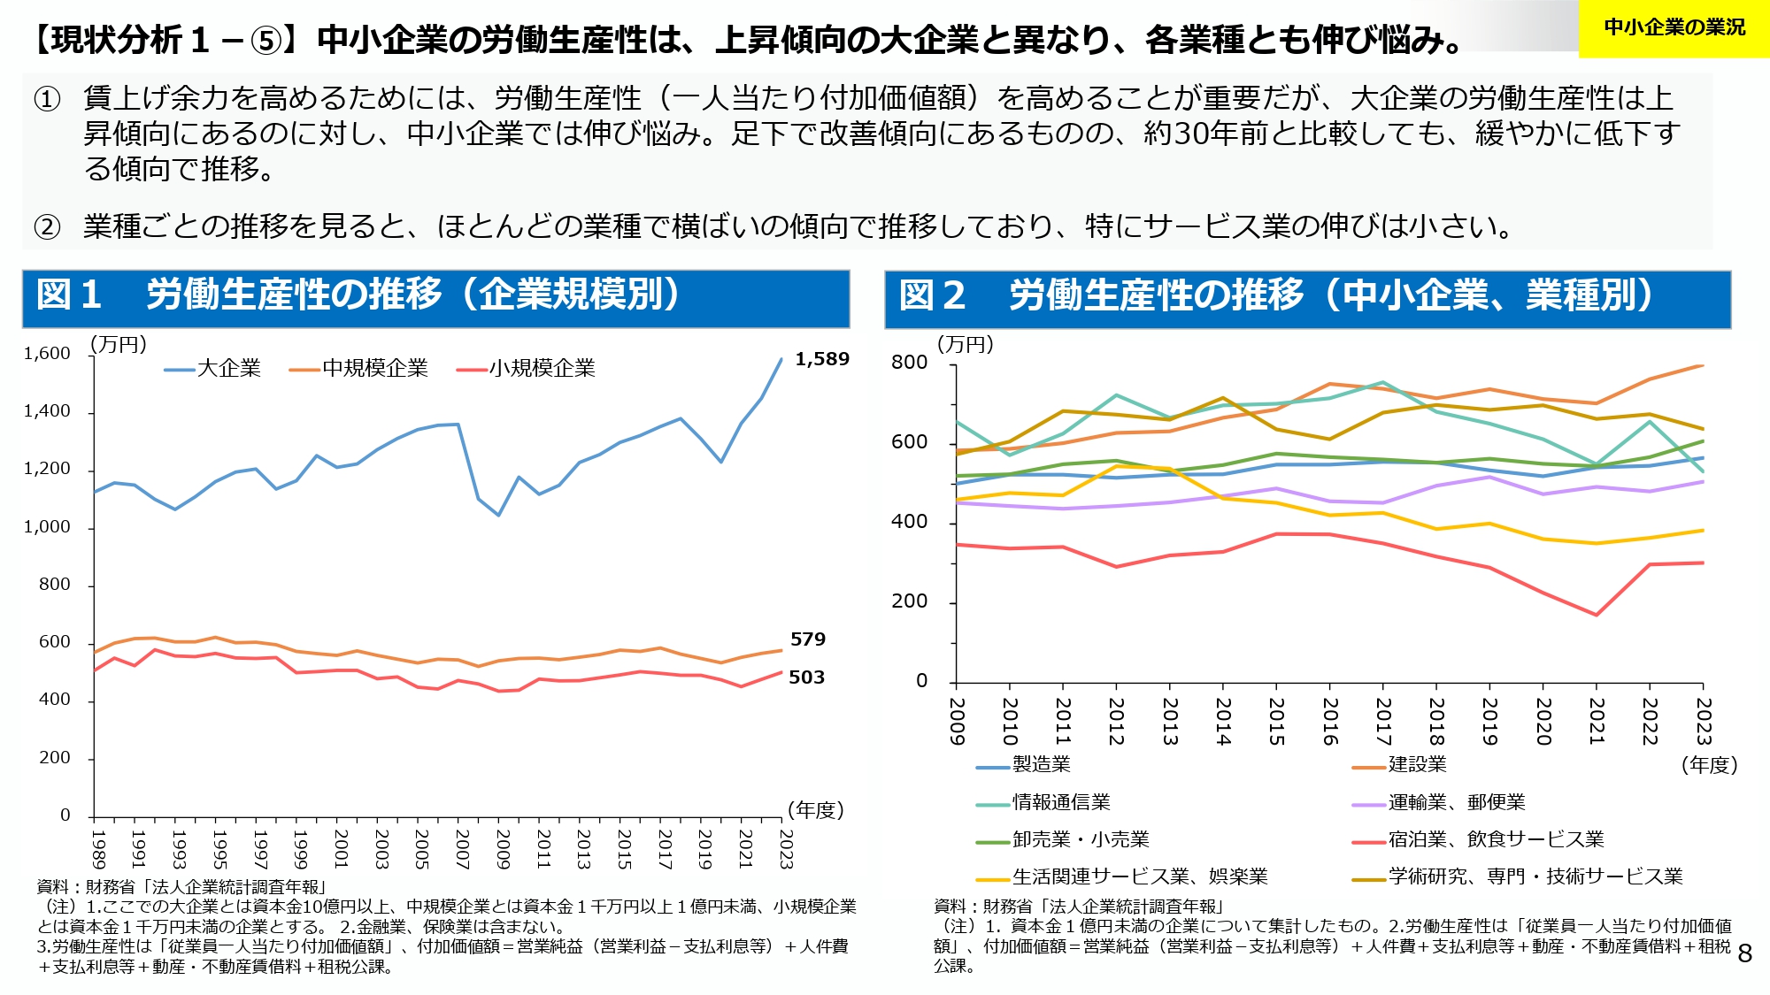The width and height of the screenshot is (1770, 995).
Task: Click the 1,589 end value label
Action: (821, 359)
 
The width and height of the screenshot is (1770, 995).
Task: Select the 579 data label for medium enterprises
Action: (807, 639)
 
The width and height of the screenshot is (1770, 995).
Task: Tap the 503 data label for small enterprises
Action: (806, 677)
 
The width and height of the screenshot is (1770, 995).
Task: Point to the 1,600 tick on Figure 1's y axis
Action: (47, 354)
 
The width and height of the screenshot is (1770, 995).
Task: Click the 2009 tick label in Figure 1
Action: (502, 849)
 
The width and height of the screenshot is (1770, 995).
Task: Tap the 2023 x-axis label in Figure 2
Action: (1704, 722)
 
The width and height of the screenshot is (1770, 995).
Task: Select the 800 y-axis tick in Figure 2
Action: (909, 363)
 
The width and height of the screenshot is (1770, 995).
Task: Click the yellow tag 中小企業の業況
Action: (1674, 28)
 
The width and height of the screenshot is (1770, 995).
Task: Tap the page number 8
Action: (1744, 953)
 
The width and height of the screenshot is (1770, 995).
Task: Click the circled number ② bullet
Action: (47, 227)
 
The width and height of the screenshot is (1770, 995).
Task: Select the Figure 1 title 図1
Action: (69, 295)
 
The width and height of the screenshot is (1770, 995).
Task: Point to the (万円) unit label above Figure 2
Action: (966, 344)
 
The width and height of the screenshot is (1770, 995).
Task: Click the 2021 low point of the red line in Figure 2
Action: (1597, 615)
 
